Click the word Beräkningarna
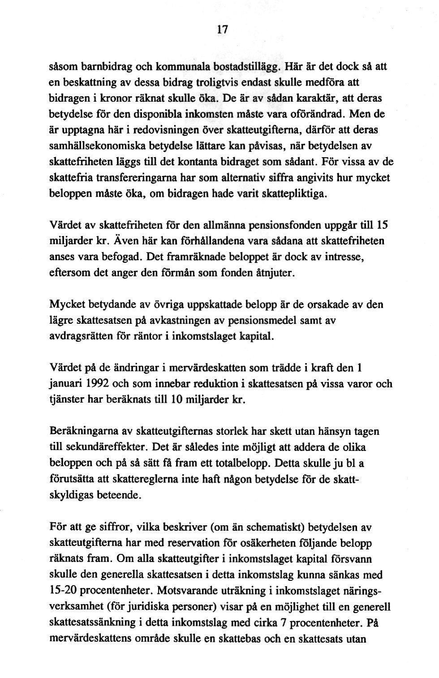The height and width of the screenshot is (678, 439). [x=82, y=432]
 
